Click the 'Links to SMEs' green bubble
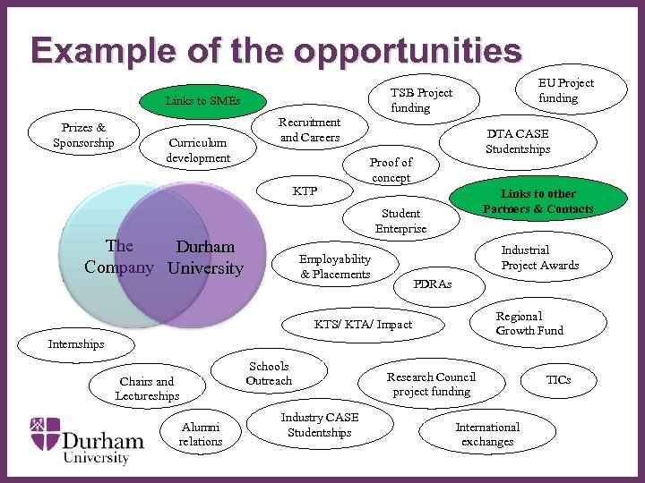pos(202,100)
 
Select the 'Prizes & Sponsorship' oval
pos(83,135)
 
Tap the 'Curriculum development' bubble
pos(198,149)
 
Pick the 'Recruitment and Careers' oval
pos(309,130)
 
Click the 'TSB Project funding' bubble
pos(421,100)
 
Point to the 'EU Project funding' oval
pos(565,90)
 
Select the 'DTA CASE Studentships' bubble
pos(518,141)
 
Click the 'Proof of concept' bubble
pos(391,169)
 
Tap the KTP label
pos(305,191)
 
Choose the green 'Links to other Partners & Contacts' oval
pos(537,201)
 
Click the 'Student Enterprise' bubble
pos(400,220)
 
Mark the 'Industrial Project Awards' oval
pos(539,258)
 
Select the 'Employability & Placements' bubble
pos(335,266)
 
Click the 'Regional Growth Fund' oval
pos(529,323)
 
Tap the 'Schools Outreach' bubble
pos(269,373)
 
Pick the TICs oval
pos(558,379)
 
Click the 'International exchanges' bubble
pos(487,434)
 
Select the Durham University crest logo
pos(46,434)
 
